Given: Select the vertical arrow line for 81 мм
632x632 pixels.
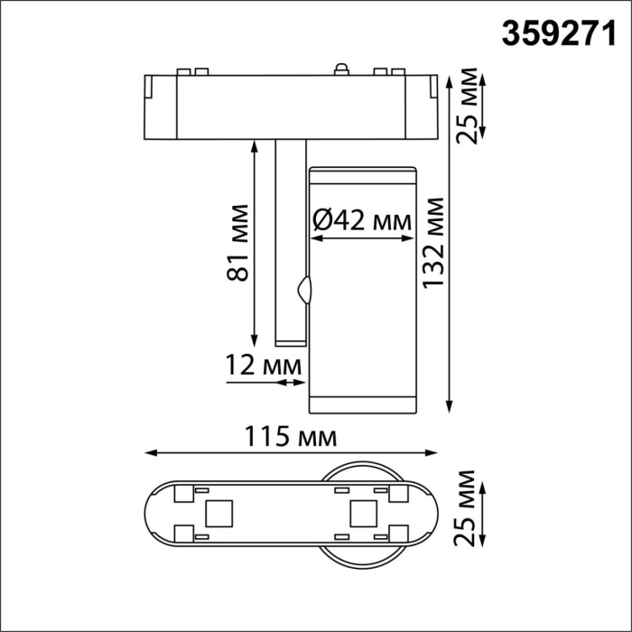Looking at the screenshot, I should pos(254,244).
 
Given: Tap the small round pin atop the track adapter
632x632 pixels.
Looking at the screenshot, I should pos(341,69).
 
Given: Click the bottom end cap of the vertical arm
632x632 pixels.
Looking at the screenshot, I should pos(290,341).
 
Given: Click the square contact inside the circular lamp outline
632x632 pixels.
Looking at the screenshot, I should pos(362,512).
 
